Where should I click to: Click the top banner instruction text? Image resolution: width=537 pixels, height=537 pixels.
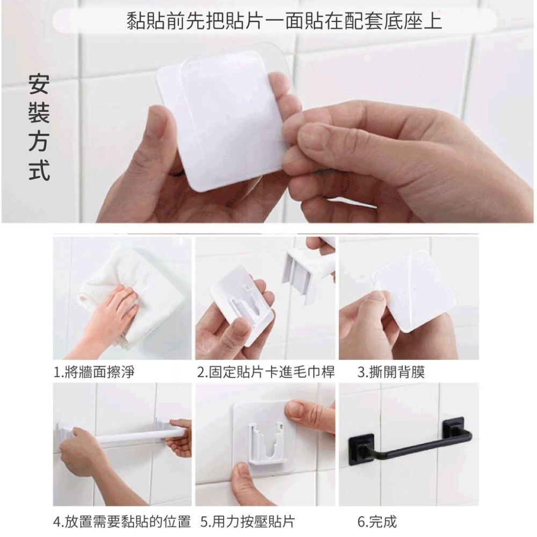pyautogui.click(x=284, y=21)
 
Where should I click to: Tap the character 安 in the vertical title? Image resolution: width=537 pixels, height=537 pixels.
pyautogui.click(x=39, y=84)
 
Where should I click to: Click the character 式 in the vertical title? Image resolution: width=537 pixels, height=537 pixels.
pyautogui.click(x=39, y=171)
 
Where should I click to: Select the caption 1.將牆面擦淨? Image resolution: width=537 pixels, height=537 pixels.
pyautogui.click(x=94, y=372)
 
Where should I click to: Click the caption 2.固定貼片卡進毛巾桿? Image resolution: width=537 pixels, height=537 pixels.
pyautogui.click(x=266, y=372)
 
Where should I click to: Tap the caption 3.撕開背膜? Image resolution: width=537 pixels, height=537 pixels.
pyautogui.click(x=391, y=372)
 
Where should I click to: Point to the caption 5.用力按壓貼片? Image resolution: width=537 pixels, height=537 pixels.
pyautogui.click(x=248, y=521)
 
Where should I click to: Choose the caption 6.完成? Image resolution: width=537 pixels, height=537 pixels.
pyautogui.click(x=377, y=521)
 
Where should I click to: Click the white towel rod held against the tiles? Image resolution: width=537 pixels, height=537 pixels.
pyautogui.click(x=134, y=436)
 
